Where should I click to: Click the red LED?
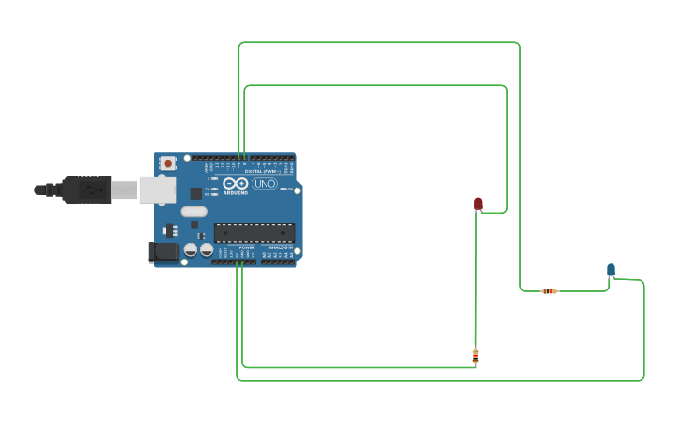[x=478, y=204]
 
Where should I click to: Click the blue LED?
[x=611, y=270]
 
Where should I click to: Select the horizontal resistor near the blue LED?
[x=550, y=291]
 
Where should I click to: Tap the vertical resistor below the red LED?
[x=475, y=356]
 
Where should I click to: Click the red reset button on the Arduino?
[x=167, y=163]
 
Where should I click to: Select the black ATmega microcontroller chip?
[x=254, y=233]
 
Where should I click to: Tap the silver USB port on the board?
[x=157, y=190]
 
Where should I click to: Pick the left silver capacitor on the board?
[x=191, y=249]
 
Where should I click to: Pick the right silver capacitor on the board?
[x=207, y=249]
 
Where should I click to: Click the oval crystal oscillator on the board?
[x=194, y=211]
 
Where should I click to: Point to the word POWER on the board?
[x=246, y=247]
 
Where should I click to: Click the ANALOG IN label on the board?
[x=280, y=247]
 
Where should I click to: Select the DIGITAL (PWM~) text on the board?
[x=261, y=172]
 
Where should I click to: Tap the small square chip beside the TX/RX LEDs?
[x=196, y=193]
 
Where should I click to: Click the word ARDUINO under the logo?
[x=236, y=192]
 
